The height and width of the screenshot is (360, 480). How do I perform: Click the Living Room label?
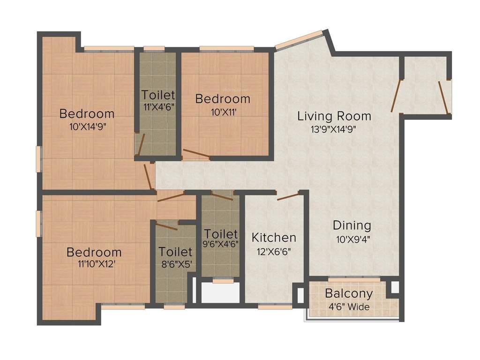pyautogui.click(x=334, y=116)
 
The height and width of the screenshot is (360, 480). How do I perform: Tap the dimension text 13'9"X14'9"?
pyautogui.click(x=334, y=130)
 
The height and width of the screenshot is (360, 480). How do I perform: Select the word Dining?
pyautogui.click(x=352, y=225)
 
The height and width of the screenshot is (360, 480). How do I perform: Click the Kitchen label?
pyautogui.click(x=274, y=238)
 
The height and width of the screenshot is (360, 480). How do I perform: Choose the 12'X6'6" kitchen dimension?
pyautogui.click(x=274, y=251)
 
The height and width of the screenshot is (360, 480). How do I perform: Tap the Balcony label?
pyautogui.click(x=349, y=294)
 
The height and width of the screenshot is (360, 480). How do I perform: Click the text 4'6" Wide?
pyautogui.click(x=349, y=307)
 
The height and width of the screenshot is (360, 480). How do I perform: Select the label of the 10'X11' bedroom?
pyautogui.click(x=223, y=99)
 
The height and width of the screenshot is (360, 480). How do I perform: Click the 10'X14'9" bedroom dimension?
pyautogui.click(x=87, y=127)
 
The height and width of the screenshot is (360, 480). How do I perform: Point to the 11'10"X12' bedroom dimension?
pyautogui.click(x=94, y=264)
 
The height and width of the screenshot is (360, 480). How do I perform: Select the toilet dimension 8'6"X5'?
pyautogui.click(x=175, y=264)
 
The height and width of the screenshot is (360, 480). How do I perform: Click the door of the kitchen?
pyautogui.click(x=288, y=196)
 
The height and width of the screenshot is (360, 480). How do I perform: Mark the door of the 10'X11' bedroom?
pyautogui.click(x=196, y=154)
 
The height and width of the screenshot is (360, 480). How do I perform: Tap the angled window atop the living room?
pyautogui.click(x=299, y=40)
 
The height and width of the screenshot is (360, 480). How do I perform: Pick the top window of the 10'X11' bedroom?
pyautogui.click(x=226, y=48)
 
